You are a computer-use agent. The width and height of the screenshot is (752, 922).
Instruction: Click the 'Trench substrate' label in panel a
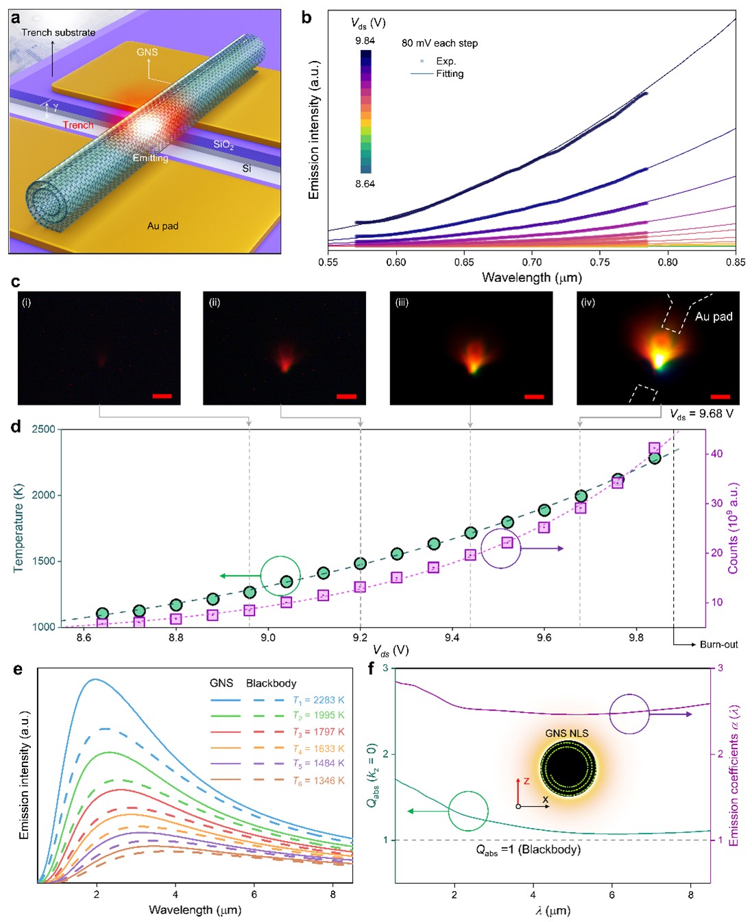(x=58, y=32)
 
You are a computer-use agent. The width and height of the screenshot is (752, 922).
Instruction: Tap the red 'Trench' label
(x=78, y=125)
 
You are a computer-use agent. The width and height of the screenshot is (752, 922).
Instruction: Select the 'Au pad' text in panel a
(x=162, y=226)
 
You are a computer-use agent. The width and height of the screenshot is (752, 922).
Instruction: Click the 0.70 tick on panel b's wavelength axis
(x=532, y=262)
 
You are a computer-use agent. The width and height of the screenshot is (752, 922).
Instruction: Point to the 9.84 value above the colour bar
(x=365, y=41)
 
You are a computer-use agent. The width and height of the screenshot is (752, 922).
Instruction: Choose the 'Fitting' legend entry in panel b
(x=450, y=73)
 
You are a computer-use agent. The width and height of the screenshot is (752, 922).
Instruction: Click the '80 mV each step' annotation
(x=439, y=43)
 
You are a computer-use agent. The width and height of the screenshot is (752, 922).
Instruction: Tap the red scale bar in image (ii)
(x=347, y=397)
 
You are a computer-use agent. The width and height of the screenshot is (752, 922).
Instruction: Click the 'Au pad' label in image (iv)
(x=714, y=316)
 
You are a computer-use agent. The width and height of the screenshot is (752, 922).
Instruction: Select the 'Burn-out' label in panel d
(x=718, y=645)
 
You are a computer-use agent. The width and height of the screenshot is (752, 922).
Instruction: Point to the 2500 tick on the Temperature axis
(x=43, y=429)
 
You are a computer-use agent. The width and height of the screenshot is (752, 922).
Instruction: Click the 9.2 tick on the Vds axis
(x=360, y=637)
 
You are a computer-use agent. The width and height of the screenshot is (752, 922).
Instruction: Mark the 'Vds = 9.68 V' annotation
(x=701, y=414)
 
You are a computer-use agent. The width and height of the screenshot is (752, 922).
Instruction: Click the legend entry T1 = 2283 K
(x=318, y=700)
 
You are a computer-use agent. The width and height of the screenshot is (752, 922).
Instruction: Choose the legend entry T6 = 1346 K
(x=318, y=781)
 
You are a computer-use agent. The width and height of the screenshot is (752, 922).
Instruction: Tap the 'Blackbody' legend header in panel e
(x=271, y=683)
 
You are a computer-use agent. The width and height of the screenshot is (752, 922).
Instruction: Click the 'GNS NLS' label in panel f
(x=567, y=733)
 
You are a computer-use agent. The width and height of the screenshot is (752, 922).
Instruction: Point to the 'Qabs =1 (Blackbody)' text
(x=528, y=850)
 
